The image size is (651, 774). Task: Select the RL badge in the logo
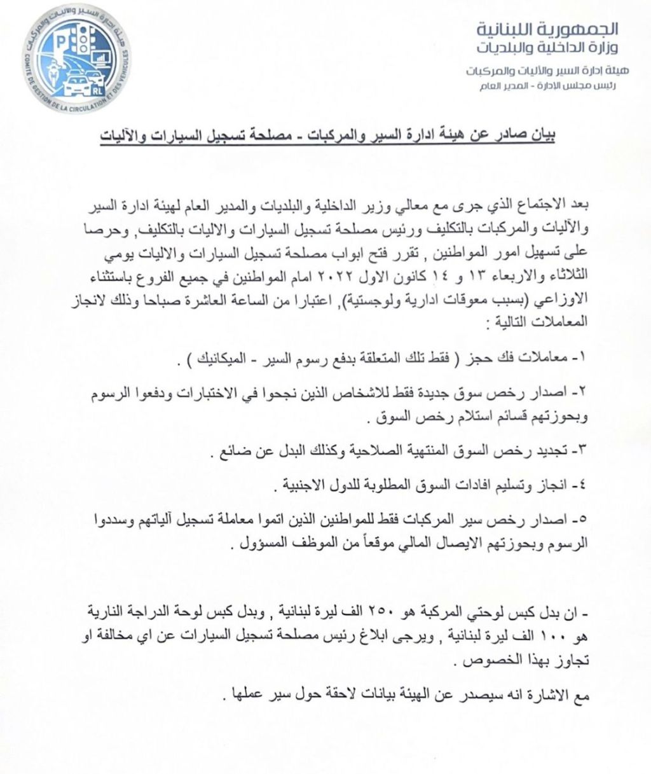coord(97,90)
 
